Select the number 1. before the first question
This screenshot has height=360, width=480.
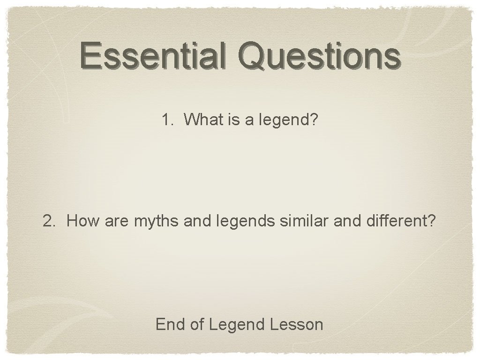pyautogui.click(x=168, y=120)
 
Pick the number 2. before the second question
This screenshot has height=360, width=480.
pyautogui.click(x=49, y=221)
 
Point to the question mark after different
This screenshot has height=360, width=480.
pyautogui.click(x=432, y=221)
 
